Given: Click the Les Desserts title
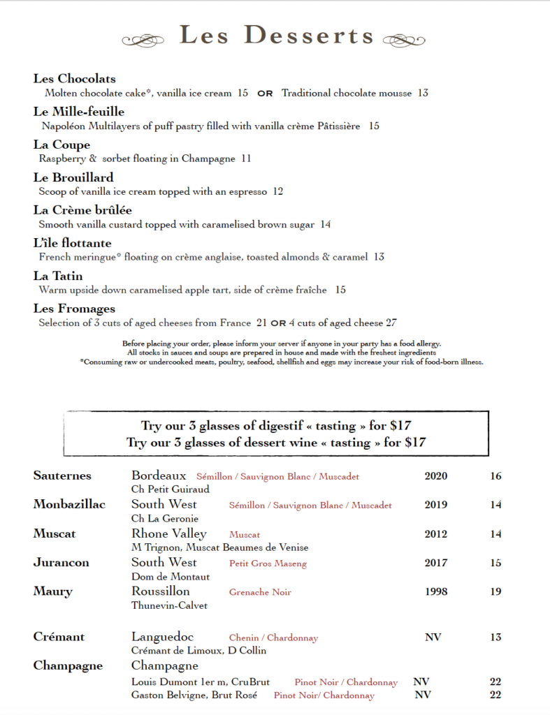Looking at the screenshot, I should (277, 36).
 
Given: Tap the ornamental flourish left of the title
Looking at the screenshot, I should (145, 40).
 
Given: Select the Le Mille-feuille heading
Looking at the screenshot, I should (79, 112).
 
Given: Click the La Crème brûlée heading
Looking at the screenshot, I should (82, 210).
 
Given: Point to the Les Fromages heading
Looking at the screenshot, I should (74, 309).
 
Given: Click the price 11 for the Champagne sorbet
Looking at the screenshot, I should (246, 159).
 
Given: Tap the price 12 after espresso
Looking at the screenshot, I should (278, 191).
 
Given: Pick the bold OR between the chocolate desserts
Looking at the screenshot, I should (265, 94).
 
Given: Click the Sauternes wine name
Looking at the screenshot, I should (62, 476).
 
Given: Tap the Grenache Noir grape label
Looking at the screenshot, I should (260, 592).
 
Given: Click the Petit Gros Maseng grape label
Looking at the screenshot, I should (268, 563).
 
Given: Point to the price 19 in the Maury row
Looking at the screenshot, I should (496, 592).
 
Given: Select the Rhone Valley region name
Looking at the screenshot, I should (169, 534).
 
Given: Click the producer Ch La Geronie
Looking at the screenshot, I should (165, 519).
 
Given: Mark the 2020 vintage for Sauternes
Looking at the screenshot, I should (436, 477).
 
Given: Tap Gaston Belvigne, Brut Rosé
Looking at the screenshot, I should (194, 695).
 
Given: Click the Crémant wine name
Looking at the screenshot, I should (59, 637).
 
